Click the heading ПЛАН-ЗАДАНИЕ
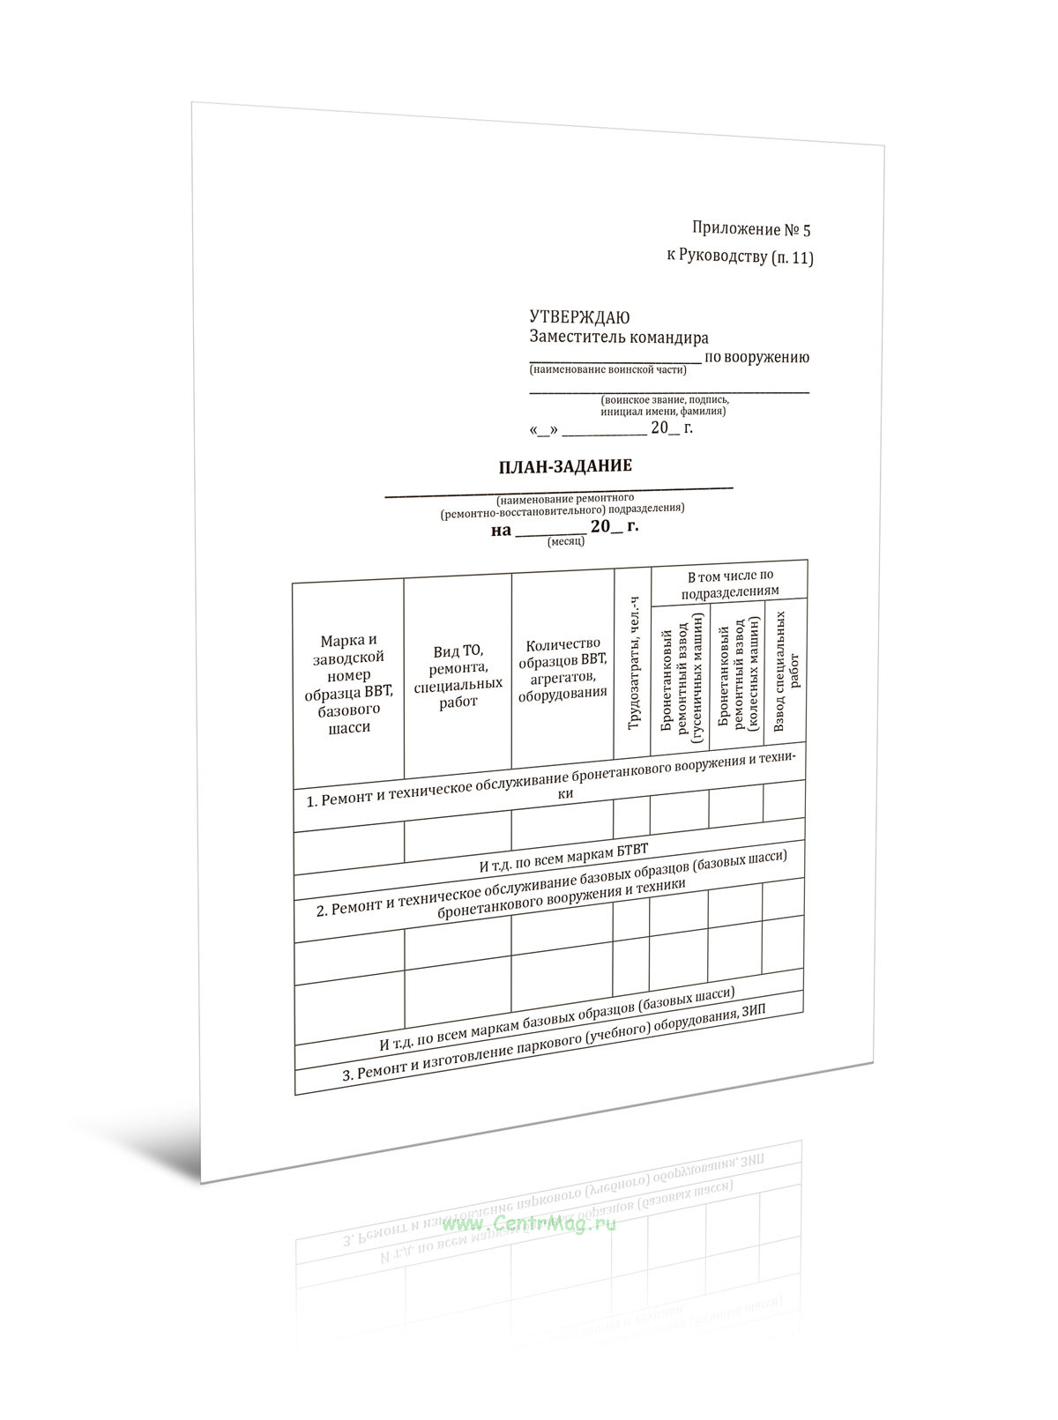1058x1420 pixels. (x=565, y=466)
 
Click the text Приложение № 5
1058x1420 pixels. (x=750, y=230)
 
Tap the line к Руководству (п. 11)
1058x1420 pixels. (x=740, y=257)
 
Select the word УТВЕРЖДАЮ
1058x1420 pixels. (x=579, y=317)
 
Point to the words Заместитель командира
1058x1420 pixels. (x=618, y=338)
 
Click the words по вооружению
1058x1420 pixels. (x=756, y=357)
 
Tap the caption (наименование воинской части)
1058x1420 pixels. (x=607, y=370)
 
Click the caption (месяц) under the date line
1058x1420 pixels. (x=566, y=542)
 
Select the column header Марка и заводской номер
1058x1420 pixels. (x=348, y=683)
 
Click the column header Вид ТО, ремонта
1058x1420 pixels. (x=458, y=676)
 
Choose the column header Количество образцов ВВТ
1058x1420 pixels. (x=563, y=669)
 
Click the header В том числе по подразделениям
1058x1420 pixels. (x=729, y=583)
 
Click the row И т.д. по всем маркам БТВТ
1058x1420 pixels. (x=563, y=859)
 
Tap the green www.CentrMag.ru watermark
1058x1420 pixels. (x=530, y=1223)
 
